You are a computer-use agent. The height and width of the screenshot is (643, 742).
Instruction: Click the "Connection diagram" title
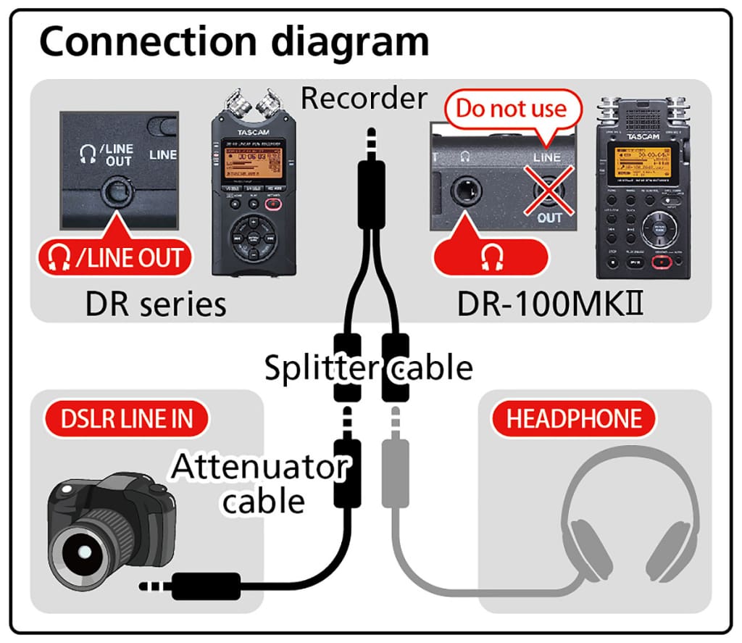pos(233,41)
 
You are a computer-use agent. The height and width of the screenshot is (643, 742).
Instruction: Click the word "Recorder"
pos(364,98)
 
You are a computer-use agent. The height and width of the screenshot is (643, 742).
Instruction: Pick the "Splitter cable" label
pos(368,368)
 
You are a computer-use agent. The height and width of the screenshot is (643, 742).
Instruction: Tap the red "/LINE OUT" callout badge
pos(115,257)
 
